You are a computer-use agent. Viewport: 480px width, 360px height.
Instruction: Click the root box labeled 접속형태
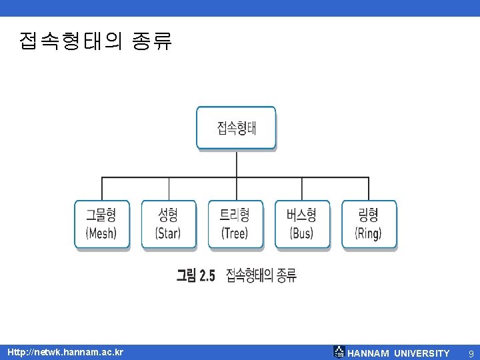[x=236, y=128]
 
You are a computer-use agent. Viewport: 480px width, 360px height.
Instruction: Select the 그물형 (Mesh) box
[x=102, y=224]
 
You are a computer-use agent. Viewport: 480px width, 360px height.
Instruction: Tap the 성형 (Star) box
[x=169, y=224]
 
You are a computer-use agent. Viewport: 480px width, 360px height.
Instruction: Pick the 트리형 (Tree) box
[x=235, y=224]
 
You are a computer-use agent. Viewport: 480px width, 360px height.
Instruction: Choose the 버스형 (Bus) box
[x=302, y=224]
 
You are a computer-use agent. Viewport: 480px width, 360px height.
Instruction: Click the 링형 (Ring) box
[x=369, y=224]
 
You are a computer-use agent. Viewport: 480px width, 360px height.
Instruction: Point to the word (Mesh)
[x=101, y=233]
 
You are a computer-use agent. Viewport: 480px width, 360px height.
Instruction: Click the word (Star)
[x=168, y=233]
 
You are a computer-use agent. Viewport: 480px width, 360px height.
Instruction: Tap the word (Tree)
[x=235, y=233]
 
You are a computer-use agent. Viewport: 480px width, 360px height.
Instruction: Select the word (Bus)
[x=302, y=233]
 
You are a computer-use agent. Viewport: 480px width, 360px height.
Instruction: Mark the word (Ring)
[x=369, y=233]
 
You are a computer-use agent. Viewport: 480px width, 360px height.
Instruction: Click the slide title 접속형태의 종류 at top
[x=96, y=41]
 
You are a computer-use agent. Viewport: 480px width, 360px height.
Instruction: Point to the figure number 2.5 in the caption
[x=205, y=275]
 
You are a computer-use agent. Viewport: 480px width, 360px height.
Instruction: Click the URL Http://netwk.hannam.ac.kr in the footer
[x=65, y=352]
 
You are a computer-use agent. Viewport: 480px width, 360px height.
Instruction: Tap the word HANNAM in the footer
[x=368, y=353]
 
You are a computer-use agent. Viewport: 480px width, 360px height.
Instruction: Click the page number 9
[x=471, y=353]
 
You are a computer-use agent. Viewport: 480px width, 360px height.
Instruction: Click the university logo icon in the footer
[x=339, y=352]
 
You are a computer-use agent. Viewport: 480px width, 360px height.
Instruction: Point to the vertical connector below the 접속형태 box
[x=236, y=163]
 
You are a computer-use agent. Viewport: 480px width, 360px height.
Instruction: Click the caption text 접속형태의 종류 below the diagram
[x=261, y=275]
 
